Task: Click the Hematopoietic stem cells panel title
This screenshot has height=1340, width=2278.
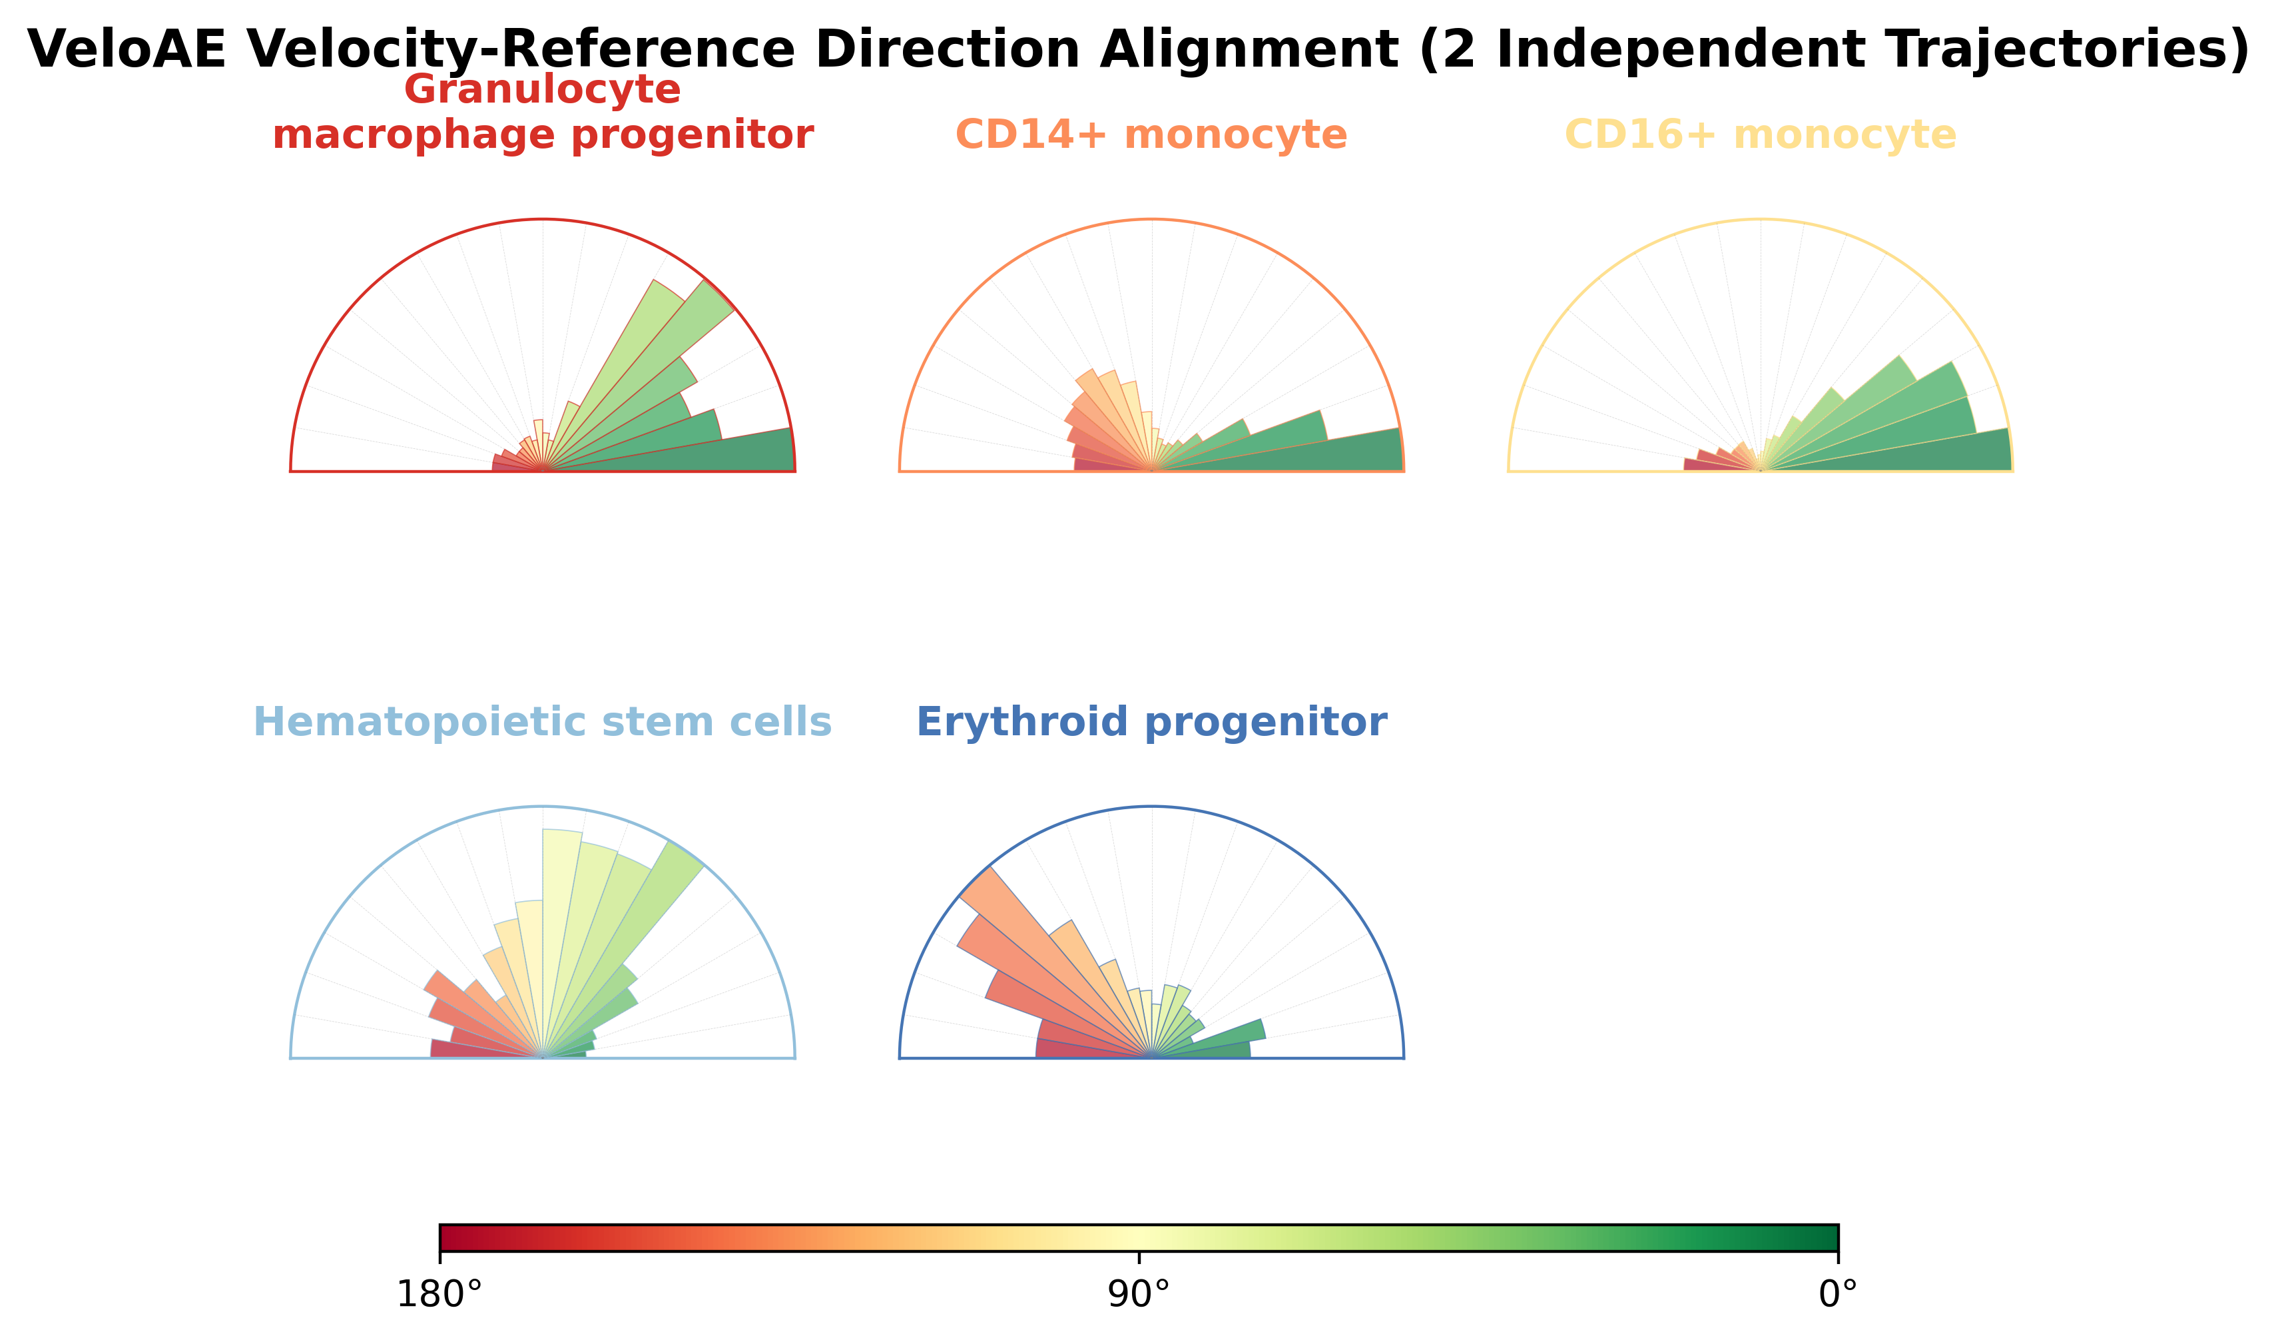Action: pos(543,723)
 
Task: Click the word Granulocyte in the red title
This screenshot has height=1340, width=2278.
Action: pos(543,91)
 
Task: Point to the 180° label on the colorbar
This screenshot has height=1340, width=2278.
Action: pos(439,1295)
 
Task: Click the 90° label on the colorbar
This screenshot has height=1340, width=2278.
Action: pos(1139,1295)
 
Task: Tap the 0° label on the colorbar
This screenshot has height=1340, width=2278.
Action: pos(1838,1295)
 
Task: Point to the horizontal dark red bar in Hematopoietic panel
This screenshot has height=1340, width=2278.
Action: pos(486,1049)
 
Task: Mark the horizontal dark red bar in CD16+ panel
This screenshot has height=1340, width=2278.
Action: pos(1721,465)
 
